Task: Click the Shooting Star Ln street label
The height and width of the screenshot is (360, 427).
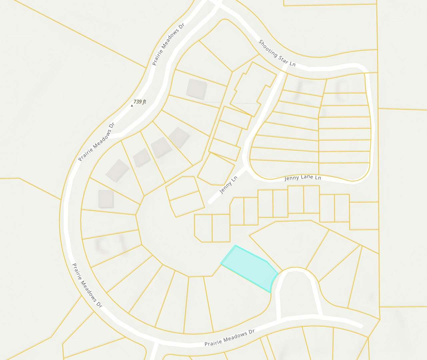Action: pos(277,53)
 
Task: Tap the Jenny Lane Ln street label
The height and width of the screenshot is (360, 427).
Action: pos(303,178)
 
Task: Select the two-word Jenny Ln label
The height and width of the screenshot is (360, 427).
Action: pos(228,185)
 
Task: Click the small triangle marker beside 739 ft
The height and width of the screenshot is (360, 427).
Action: pos(132,106)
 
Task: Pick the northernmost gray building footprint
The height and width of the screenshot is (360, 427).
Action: pos(197,89)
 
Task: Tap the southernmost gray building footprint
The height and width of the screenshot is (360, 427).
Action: pos(106,199)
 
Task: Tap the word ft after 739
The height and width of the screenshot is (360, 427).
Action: pos(144,102)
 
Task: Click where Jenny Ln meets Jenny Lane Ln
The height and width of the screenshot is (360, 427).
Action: pos(247,167)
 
